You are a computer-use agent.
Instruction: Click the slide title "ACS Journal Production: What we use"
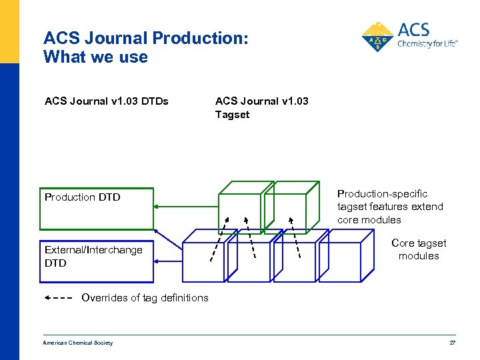(x=145, y=48)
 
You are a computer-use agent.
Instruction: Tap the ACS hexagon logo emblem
(x=377, y=37)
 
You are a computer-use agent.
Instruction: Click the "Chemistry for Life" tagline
(x=427, y=44)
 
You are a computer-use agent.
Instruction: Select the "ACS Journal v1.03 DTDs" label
(x=106, y=101)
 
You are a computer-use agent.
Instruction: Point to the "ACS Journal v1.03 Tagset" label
(x=261, y=108)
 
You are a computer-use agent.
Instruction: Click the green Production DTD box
(x=96, y=209)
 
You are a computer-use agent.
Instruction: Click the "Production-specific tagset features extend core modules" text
(x=390, y=207)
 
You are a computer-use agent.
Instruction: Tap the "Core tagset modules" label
(x=419, y=249)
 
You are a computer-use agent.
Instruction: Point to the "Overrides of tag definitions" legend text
(x=145, y=298)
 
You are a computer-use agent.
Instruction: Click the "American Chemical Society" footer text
(x=77, y=343)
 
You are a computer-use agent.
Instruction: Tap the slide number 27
(x=452, y=343)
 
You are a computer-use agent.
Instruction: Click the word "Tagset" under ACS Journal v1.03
(x=232, y=115)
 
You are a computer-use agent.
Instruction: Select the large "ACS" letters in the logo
(x=413, y=30)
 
